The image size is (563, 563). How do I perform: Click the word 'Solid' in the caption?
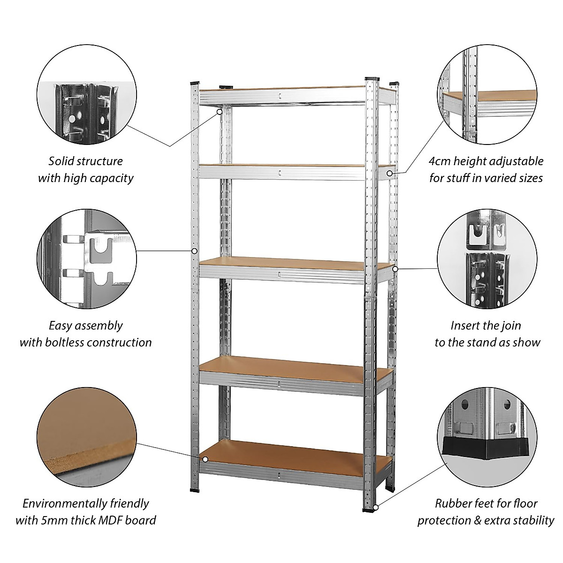click(61, 161)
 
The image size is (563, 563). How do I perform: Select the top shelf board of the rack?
click(281, 89)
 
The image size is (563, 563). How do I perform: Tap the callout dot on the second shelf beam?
click(390, 173)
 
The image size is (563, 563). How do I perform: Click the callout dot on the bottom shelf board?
click(205, 459)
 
